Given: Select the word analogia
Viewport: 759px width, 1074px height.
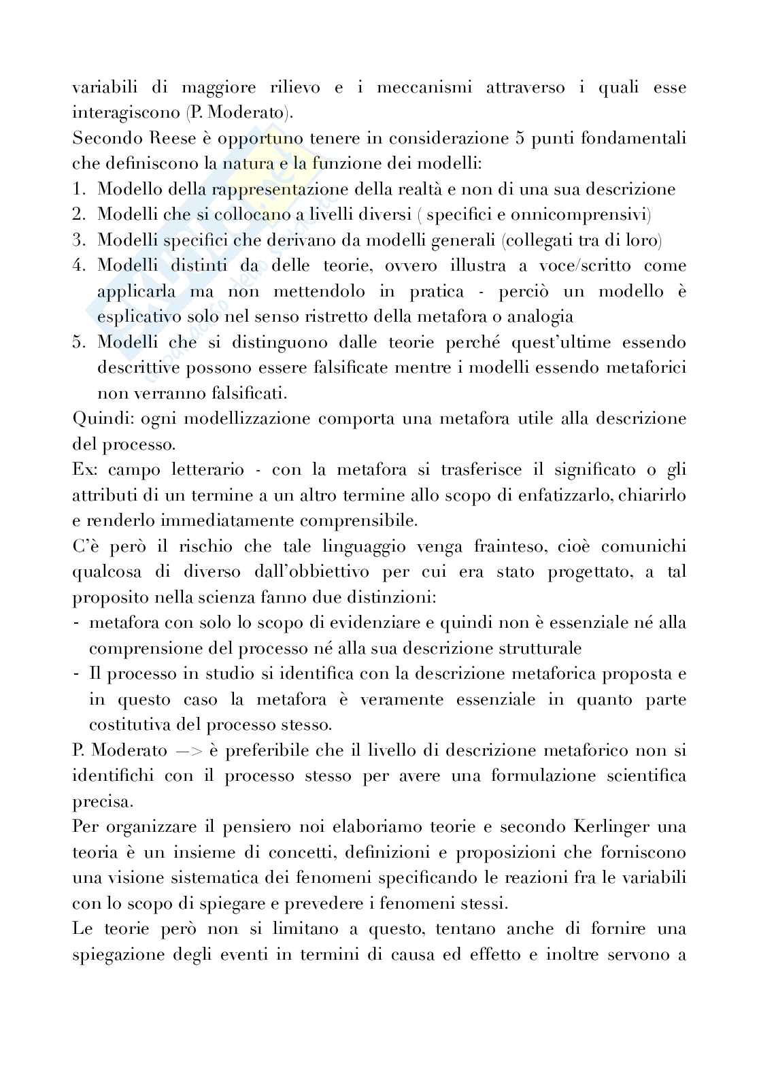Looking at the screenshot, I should [537, 317].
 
